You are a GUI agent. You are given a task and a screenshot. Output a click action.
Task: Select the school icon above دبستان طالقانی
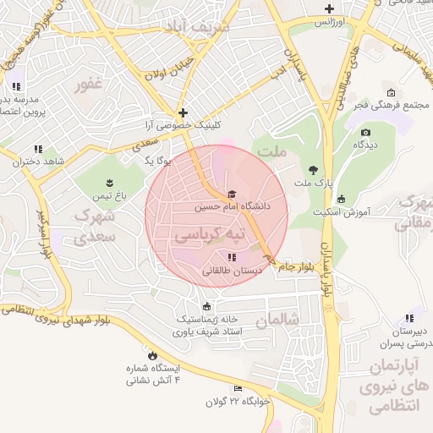(x=232, y=257)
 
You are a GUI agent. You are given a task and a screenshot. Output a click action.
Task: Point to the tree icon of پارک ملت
(x=315, y=169)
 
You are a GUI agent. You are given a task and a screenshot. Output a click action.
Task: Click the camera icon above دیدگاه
(x=365, y=132)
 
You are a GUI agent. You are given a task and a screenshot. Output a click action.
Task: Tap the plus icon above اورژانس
(x=329, y=9)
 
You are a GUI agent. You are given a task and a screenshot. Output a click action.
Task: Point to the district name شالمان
(x=273, y=321)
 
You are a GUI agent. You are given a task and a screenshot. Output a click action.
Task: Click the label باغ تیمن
(x=109, y=195)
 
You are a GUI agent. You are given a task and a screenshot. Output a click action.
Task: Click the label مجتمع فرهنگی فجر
(x=390, y=105)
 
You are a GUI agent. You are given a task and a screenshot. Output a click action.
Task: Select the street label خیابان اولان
(x=171, y=68)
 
